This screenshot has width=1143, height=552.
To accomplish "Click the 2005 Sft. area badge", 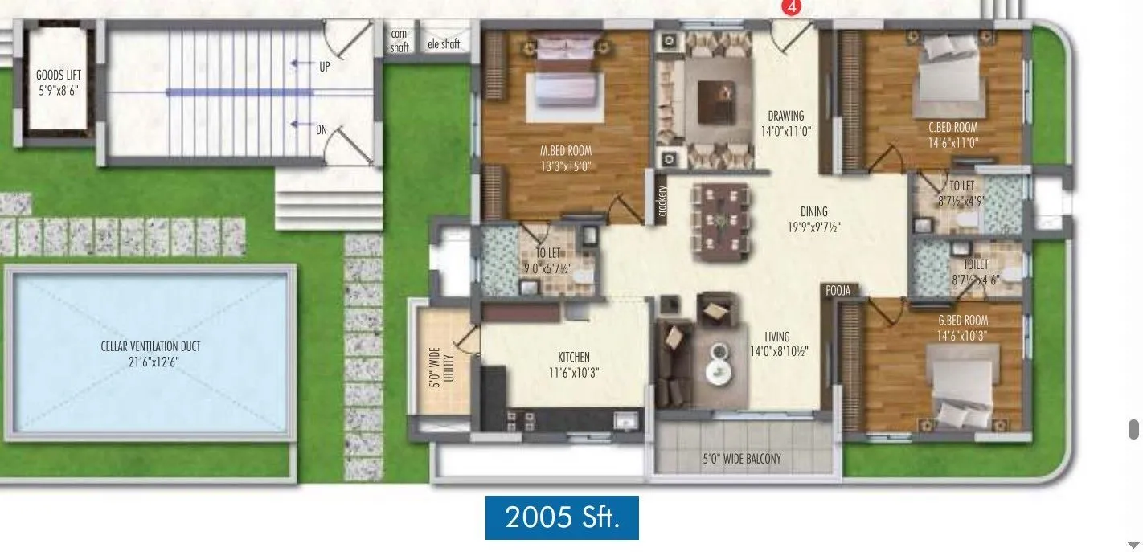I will [x=562, y=517].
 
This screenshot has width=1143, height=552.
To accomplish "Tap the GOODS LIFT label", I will [x=59, y=76].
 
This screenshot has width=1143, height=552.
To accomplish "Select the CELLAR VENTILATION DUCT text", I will [x=151, y=346].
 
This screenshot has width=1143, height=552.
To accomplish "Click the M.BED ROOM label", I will [x=566, y=150].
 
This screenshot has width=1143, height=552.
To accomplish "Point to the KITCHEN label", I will [x=574, y=357].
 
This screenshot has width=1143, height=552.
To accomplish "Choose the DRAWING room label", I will [x=785, y=116].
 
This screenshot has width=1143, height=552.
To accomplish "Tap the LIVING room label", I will [x=777, y=337].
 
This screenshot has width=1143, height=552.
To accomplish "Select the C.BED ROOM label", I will [x=953, y=127].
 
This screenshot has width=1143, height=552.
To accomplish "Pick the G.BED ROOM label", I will [x=957, y=321].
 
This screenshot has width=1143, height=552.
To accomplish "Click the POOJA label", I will [x=836, y=290].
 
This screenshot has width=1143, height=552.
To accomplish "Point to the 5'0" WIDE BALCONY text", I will [x=742, y=460].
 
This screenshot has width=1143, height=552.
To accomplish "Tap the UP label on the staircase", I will [x=325, y=67].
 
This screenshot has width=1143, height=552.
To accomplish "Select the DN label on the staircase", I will [x=322, y=129].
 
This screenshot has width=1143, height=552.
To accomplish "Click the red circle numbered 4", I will [x=793, y=6].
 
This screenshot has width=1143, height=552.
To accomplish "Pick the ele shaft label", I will [x=444, y=44].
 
